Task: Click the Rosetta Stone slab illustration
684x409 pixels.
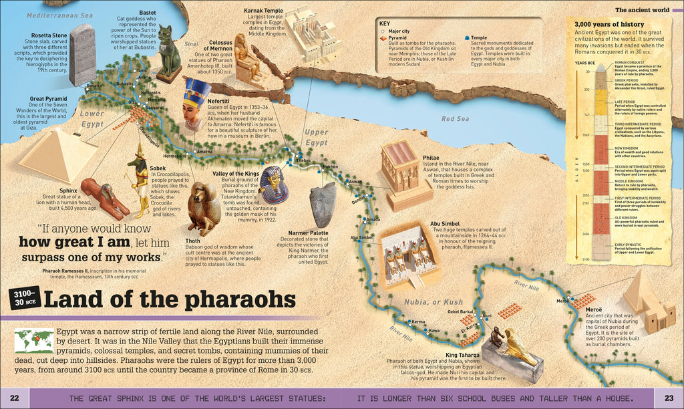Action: (82, 55)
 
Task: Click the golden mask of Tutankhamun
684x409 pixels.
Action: (273, 184)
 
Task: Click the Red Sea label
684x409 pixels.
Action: (457, 119)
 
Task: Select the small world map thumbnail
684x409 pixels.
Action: (33, 341)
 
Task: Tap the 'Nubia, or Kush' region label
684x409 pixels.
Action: (425, 302)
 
